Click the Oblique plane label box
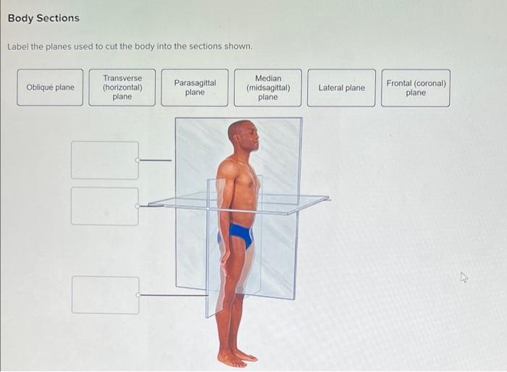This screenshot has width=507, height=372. click(x=50, y=88)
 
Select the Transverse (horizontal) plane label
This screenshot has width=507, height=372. click(x=122, y=88)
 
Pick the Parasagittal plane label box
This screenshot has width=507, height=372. click(x=195, y=88)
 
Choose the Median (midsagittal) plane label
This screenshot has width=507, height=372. click(x=268, y=88)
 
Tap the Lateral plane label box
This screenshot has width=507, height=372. click(x=341, y=88)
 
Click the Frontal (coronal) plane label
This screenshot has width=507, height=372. click(x=416, y=88)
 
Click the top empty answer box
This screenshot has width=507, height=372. click(x=105, y=160)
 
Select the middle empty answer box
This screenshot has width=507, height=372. click(x=105, y=206)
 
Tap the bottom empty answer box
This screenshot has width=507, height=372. click(x=106, y=295)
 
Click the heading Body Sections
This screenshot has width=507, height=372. click(x=43, y=18)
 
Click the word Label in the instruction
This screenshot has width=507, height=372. click(x=17, y=47)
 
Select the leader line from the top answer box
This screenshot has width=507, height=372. click(x=156, y=160)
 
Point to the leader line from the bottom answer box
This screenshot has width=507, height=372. click(x=174, y=295)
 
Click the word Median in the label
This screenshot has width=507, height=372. click(x=268, y=78)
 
